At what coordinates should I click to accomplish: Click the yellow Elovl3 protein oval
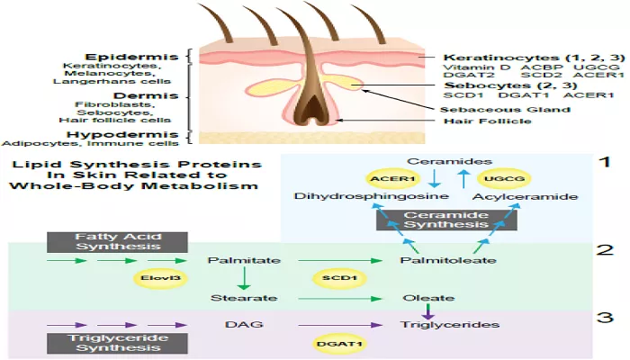[x=160, y=277]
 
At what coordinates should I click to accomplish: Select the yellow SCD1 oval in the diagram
[x=339, y=277]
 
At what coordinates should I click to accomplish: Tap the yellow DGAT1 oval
[x=339, y=344]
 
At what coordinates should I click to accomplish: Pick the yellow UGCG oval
[x=504, y=179]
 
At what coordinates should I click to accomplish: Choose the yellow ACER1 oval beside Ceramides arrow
[x=392, y=179]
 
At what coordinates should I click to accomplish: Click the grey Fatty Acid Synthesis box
[x=117, y=242]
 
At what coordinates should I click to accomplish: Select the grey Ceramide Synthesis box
[x=446, y=220]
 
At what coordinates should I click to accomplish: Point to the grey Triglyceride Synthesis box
[x=117, y=343]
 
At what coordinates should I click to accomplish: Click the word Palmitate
[x=244, y=260]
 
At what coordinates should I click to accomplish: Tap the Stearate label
[x=244, y=298]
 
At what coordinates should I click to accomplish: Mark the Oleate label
[x=428, y=298]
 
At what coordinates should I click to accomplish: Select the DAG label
[x=244, y=324]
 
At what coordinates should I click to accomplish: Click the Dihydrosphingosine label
[x=371, y=196]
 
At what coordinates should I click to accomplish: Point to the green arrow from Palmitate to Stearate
[x=244, y=278]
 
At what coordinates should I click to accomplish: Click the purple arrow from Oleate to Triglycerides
[x=428, y=311]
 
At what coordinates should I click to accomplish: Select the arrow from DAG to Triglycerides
[x=340, y=325]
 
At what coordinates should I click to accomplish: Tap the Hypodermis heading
[x=122, y=135]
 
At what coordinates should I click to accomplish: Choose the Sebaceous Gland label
[x=505, y=110]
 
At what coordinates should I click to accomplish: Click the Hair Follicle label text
[x=488, y=121]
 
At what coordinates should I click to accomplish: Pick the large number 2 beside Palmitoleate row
[x=605, y=250]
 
